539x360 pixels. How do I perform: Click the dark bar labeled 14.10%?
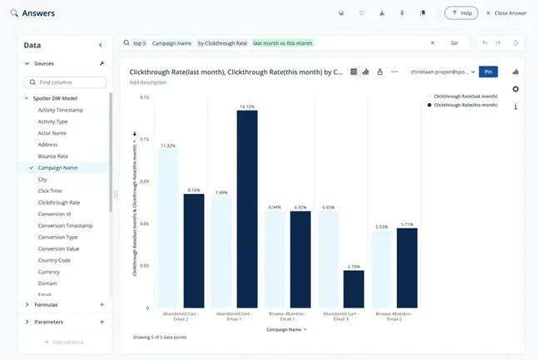point(247,208)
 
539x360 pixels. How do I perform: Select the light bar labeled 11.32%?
point(167,229)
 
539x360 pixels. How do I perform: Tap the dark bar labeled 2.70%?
point(354,288)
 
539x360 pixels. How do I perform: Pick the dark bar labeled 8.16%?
point(194,250)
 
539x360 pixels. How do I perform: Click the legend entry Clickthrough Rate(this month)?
point(465,106)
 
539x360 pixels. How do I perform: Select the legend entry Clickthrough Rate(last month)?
point(465,96)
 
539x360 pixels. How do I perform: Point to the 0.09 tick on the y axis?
point(145,181)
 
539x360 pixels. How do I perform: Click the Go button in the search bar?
point(454,42)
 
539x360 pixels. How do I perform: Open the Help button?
point(462,13)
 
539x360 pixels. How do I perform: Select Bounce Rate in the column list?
point(53,156)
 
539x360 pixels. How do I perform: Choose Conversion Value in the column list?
point(59,249)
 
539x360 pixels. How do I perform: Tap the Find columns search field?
point(67,82)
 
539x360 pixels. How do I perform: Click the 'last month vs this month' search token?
point(282,42)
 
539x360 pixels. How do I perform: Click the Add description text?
point(148,82)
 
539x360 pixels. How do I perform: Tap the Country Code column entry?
point(54,260)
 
